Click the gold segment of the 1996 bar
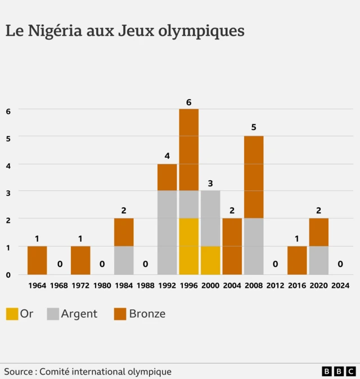pos(189,246)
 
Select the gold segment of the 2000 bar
pos(210,260)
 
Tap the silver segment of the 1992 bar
pos(167,233)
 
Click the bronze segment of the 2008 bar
pos(254,177)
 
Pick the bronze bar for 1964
pos(37,260)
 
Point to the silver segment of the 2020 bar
pos(319,260)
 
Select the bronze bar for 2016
pos(297,260)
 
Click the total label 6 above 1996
pos(189,102)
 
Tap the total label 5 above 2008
pos(254,127)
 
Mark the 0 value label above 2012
pos(276,264)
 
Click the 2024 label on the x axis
pos(340,286)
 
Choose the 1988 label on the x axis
pos(146,286)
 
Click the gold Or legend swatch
pos(12,314)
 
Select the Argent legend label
pos(79,314)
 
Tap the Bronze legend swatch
pos(119,314)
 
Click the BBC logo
pos(339,371)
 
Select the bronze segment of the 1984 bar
pos(124,233)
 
